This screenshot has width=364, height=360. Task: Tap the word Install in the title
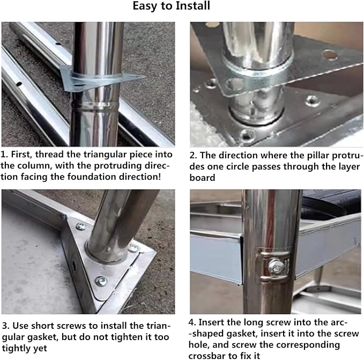[x=192, y=7]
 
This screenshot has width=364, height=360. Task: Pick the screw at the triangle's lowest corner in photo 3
[x=100, y=280]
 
